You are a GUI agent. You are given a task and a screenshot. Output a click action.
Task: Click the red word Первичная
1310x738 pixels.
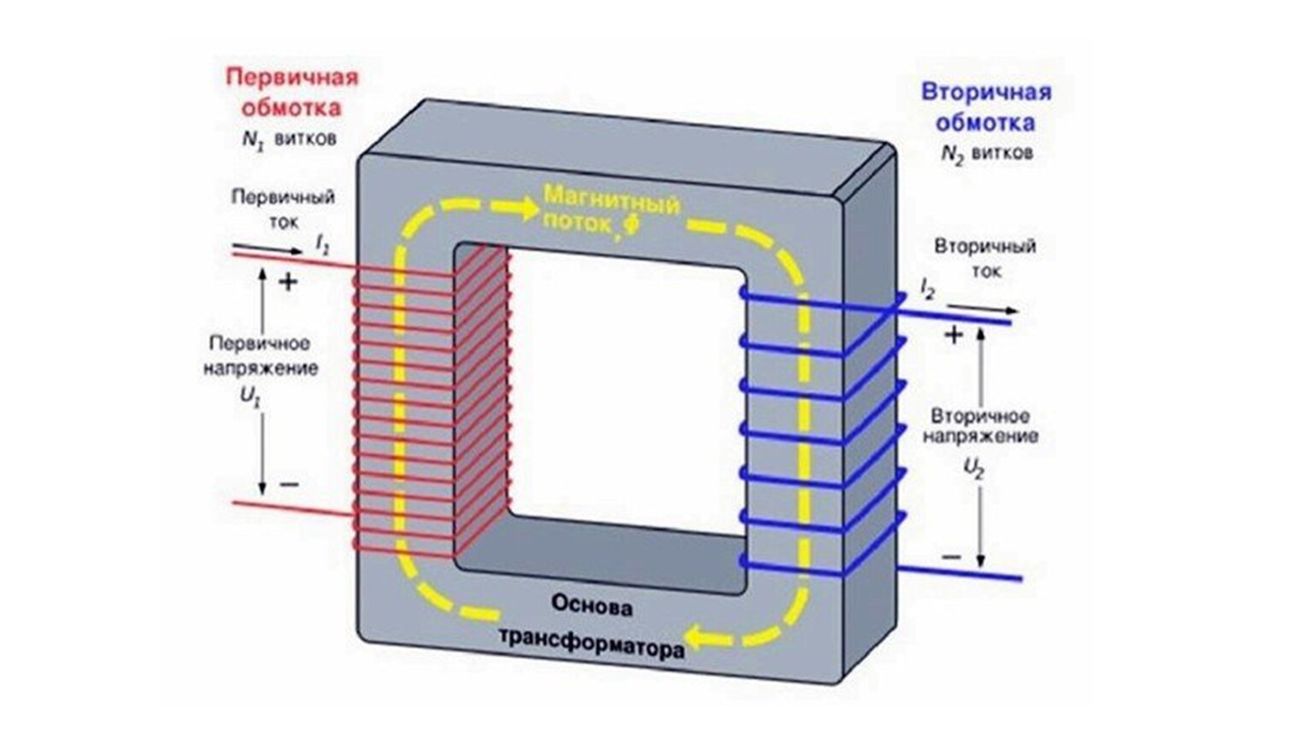click(x=291, y=77)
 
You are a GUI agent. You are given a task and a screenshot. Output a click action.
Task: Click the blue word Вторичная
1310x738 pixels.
click(x=985, y=91)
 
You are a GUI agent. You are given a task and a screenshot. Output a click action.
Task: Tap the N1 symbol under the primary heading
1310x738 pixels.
click(x=253, y=139)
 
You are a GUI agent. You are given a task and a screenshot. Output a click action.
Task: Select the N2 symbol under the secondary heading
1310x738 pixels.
click(x=952, y=154)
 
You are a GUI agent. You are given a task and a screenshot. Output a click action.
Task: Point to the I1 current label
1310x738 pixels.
click(x=321, y=245)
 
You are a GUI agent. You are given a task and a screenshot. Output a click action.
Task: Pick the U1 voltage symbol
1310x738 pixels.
click(x=250, y=396)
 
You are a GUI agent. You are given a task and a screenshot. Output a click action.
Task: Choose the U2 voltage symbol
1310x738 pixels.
click(x=973, y=467)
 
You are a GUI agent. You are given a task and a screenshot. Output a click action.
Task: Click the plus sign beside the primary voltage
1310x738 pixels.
click(x=288, y=281)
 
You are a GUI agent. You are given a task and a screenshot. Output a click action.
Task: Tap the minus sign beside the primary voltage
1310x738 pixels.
click(x=289, y=484)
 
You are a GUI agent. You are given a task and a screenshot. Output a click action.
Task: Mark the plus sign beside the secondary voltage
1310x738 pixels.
click(x=953, y=334)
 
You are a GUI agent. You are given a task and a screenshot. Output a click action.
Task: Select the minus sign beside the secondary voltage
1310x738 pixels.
click(x=951, y=557)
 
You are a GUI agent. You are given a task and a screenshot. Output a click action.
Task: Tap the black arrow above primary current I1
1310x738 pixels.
click(x=267, y=249)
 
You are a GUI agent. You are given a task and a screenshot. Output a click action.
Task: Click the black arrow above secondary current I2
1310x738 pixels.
click(x=983, y=310)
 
